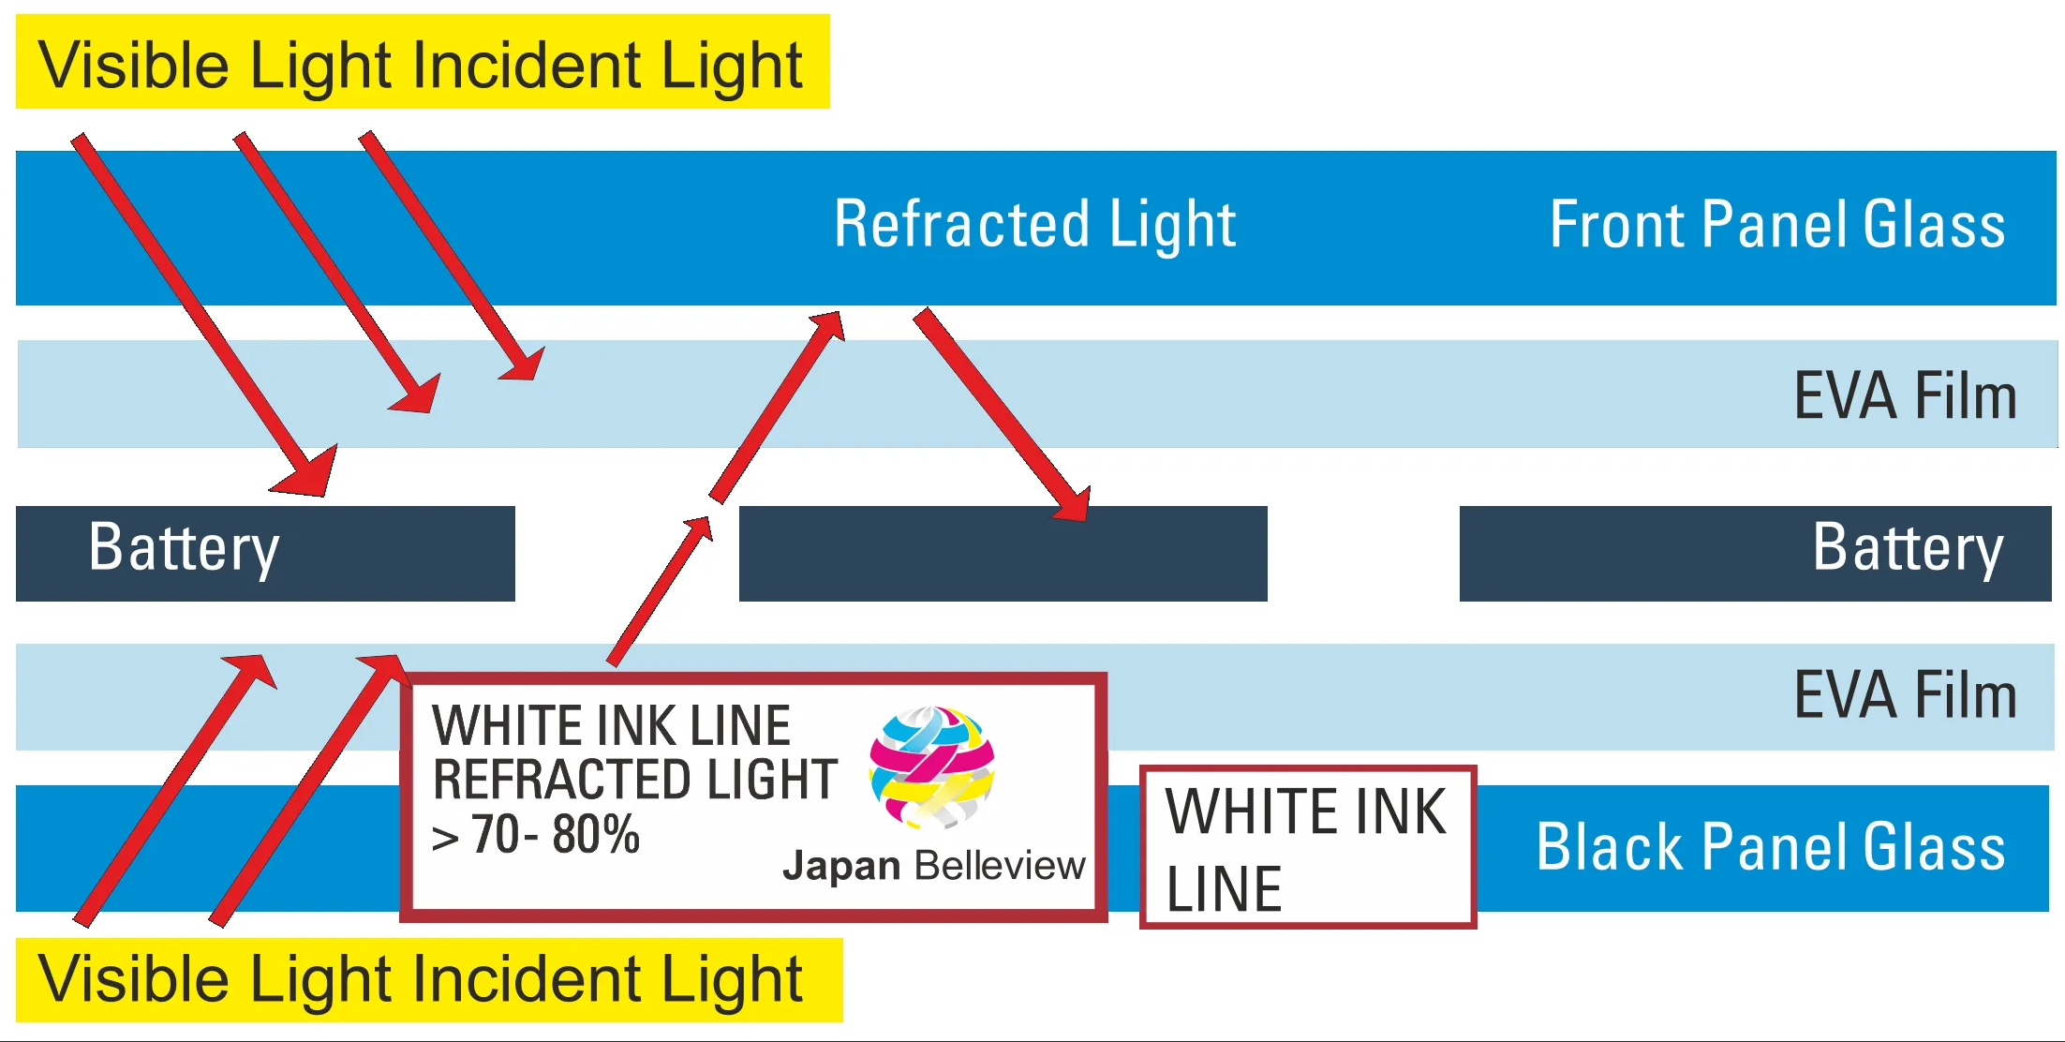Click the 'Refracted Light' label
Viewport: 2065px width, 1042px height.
click(x=1034, y=225)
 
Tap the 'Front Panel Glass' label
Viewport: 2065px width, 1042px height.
click(x=1776, y=225)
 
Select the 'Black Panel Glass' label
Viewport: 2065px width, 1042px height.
click(x=1770, y=847)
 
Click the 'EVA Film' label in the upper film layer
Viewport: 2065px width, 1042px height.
click(x=1904, y=395)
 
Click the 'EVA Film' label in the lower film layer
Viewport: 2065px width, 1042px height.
click(x=1904, y=695)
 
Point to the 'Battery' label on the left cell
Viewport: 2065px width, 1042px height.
click(x=184, y=549)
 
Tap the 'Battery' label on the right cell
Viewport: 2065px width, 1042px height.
click(x=1908, y=549)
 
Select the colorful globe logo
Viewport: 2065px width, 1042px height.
click(x=931, y=767)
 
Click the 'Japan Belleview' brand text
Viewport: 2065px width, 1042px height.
click(x=933, y=866)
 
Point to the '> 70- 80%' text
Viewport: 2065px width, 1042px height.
click(x=536, y=834)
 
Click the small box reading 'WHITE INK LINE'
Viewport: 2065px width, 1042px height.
click(x=1307, y=847)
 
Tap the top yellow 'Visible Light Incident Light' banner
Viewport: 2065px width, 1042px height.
click(x=422, y=62)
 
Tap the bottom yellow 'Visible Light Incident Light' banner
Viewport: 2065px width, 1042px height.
click(x=428, y=979)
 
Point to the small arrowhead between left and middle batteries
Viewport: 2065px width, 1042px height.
click(x=699, y=529)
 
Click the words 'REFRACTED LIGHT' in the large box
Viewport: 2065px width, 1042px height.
click(x=634, y=780)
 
